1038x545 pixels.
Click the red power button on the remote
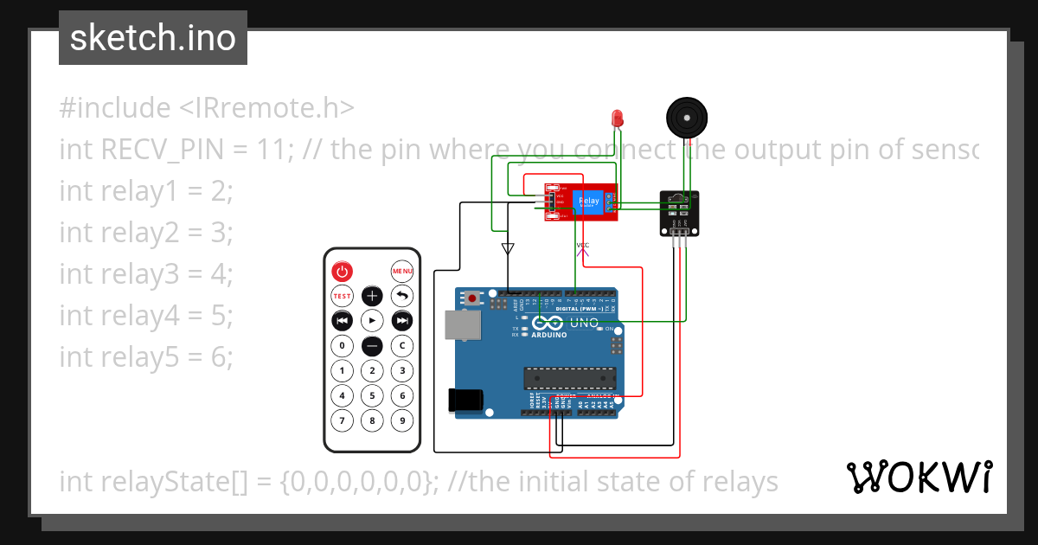click(x=343, y=272)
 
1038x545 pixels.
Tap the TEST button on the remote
click(x=343, y=296)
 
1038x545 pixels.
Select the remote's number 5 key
click(x=372, y=395)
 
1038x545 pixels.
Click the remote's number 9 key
click(x=401, y=420)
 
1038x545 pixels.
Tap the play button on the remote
click(x=372, y=321)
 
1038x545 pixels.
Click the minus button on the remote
click(x=372, y=346)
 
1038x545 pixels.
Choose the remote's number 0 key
click(x=343, y=346)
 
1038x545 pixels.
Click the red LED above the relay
click(x=618, y=118)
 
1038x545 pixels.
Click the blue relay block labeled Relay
click(x=588, y=202)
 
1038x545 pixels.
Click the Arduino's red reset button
click(x=473, y=298)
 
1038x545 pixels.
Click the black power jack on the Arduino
click(x=464, y=400)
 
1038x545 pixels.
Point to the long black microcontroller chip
click(x=569, y=378)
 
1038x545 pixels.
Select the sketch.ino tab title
click(x=153, y=38)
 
